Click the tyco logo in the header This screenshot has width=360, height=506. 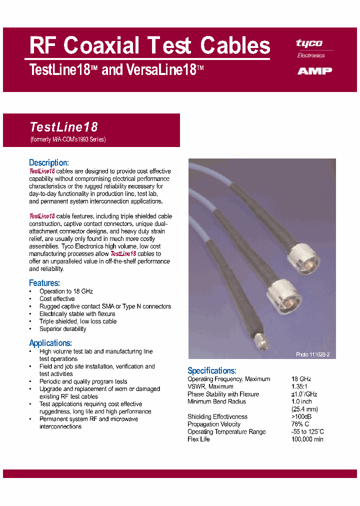click(x=309, y=43)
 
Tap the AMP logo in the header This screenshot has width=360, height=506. click(x=314, y=71)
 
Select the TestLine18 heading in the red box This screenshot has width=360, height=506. click(x=64, y=127)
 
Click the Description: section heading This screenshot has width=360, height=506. click(x=48, y=162)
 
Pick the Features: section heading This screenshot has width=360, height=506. click(x=44, y=282)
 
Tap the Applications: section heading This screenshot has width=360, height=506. click(x=50, y=343)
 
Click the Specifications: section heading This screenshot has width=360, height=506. click(x=211, y=370)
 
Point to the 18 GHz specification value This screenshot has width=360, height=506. click(x=301, y=379)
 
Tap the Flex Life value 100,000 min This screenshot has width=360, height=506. click(x=307, y=439)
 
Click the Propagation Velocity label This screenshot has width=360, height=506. click(x=214, y=424)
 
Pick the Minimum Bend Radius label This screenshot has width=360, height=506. click(x=216, y=401)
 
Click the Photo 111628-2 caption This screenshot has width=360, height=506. click(x=312, y=354)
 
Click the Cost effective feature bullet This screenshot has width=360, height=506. click(x=57, y=299)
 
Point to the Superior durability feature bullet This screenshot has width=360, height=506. click(x=62, y=329)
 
